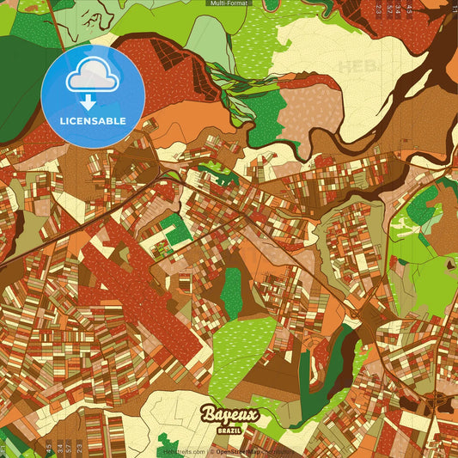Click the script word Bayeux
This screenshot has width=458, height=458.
tap(229, 415)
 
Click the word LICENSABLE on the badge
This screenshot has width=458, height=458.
tap(93, 120)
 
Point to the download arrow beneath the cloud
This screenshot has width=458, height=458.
tap(89, 101)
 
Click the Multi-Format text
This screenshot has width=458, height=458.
tap(229, 3)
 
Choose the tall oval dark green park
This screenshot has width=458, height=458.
tap(231, 292)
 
